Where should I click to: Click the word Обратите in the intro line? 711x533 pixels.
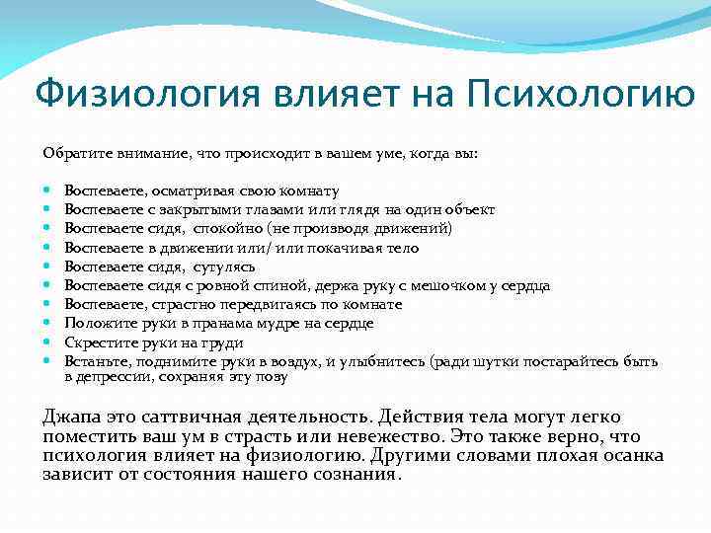coord(72,154)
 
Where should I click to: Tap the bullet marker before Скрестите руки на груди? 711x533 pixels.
coord(47,342)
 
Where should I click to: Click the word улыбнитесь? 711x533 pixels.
coord(380,360)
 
